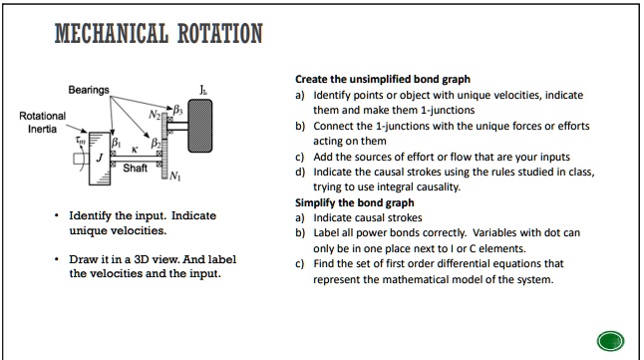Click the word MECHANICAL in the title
click(112, 33)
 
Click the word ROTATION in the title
click(220, 33)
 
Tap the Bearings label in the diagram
click(89, 90)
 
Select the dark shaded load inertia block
click(200, 126)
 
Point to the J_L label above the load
click(203, 90)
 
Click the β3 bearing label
click(177, 110)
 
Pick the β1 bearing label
click(117, 143)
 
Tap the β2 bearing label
click(156, 143)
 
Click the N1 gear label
click(174, 176)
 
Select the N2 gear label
click(155, 115)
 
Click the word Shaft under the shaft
click(135, 169)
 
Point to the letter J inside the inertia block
click(99, 158)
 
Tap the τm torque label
click(81, 141)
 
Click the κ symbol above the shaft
click(135, 150)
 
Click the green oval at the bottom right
click(611, 341)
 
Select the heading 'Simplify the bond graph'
click(355, 202)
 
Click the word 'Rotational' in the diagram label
click(42, 116)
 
